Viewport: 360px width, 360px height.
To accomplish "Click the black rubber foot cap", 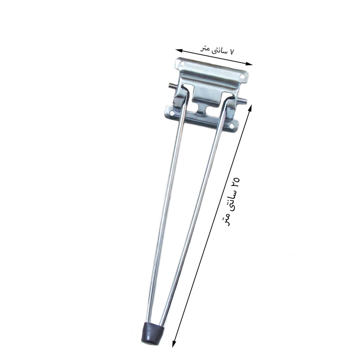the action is point(152,333).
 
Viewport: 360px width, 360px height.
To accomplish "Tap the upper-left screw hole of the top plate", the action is point(183,63).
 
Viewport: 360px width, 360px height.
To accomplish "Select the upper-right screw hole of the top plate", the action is point(242,76).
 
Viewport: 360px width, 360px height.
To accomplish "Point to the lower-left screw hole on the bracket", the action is point(172,113).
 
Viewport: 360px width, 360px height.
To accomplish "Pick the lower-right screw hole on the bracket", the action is point(232,126).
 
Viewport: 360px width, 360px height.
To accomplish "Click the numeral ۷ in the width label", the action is point(231,52).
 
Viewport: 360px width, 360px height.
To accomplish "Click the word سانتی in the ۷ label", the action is point(218,50).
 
